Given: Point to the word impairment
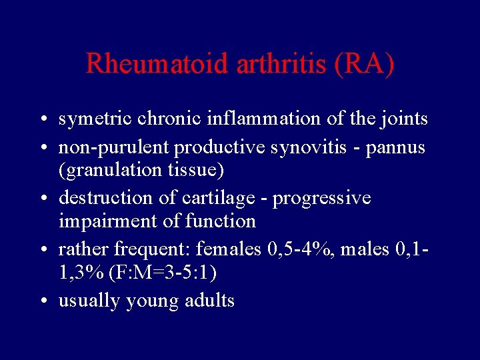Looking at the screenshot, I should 101,221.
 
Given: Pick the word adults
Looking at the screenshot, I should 208,301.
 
